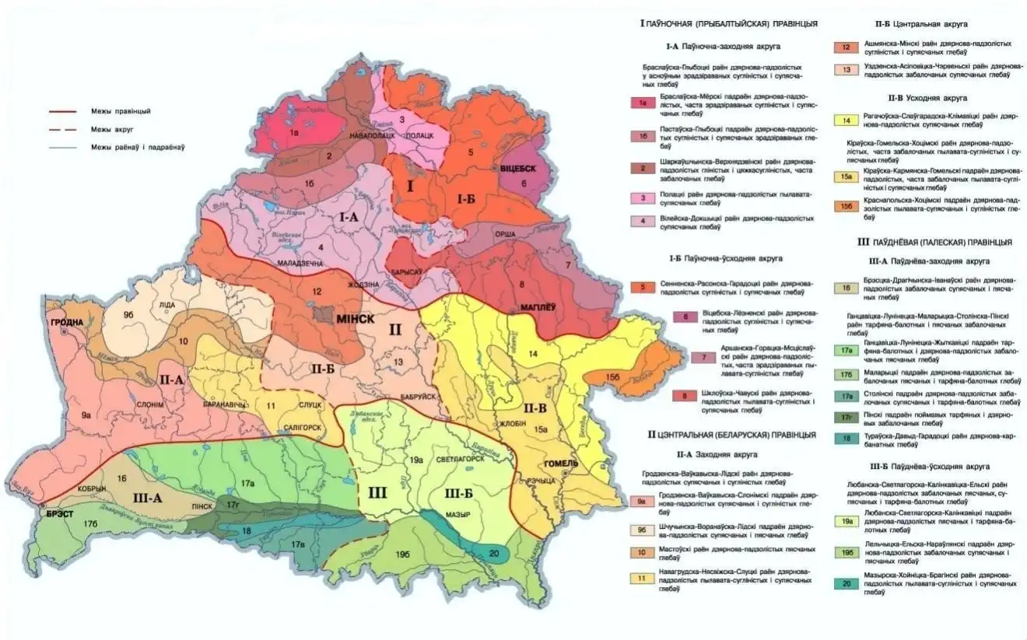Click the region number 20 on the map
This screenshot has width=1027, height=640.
[x=495, y=553]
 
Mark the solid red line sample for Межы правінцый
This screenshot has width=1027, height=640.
[x=68, y=111]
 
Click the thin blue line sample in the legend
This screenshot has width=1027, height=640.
[x=68, y=147]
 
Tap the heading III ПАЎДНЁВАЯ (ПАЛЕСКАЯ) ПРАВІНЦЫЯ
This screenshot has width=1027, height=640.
[x=934, y=242]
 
